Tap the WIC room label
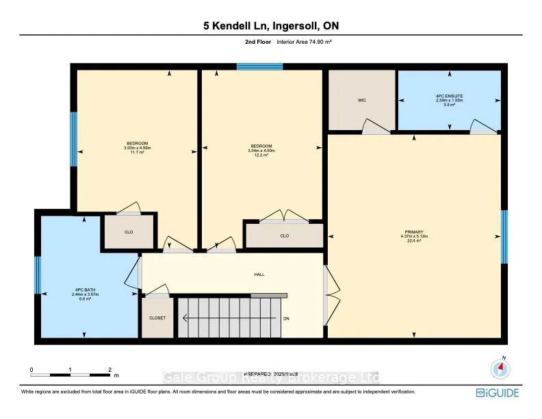tap(362, 100)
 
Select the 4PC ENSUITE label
tap(449, 95)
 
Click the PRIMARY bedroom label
tap(413, 232)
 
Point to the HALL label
tap(259, 275)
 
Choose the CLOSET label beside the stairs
tap(157, 318)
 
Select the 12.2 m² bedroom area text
tap(260, 155)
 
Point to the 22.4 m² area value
tap(413, 241)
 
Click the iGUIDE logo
tap(498, 392)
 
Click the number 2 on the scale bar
tap(109, 370)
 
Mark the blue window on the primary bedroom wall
tap(504, 237)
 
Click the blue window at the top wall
tap(260, 66)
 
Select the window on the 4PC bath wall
tap(38, 275)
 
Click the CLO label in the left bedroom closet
tap(128, 232)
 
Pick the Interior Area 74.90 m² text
tap(304, 42)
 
